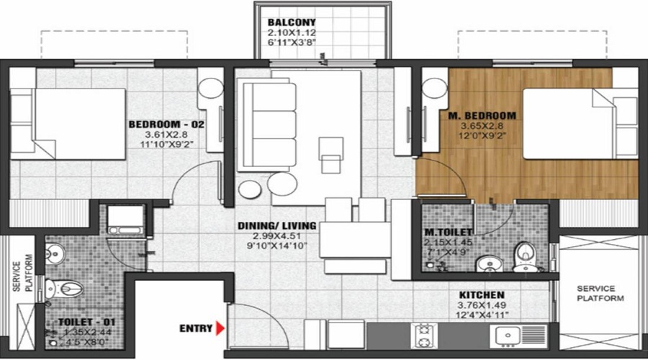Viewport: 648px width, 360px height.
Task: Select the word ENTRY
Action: click(x=196, y=329)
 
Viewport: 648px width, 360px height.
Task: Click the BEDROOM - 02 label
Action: click(x=166, y=125)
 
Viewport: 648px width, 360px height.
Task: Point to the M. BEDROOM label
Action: click(x=489, y=115)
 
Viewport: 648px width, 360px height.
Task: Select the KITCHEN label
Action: click(x=482, y=295)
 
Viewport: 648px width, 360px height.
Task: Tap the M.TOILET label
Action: click(x=448, y=232)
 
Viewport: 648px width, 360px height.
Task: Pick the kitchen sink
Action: click(x=510, y=336)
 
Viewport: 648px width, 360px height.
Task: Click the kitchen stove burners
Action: click(x=424, y=336)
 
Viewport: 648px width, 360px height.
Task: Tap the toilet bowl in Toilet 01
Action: click(x=69, y=289)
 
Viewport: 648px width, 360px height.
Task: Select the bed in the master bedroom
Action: click(x=569, y=123)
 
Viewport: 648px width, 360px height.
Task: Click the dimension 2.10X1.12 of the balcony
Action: click(x=291, y=33)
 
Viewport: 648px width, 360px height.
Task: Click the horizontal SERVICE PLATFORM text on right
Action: click(x=600, y=293)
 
